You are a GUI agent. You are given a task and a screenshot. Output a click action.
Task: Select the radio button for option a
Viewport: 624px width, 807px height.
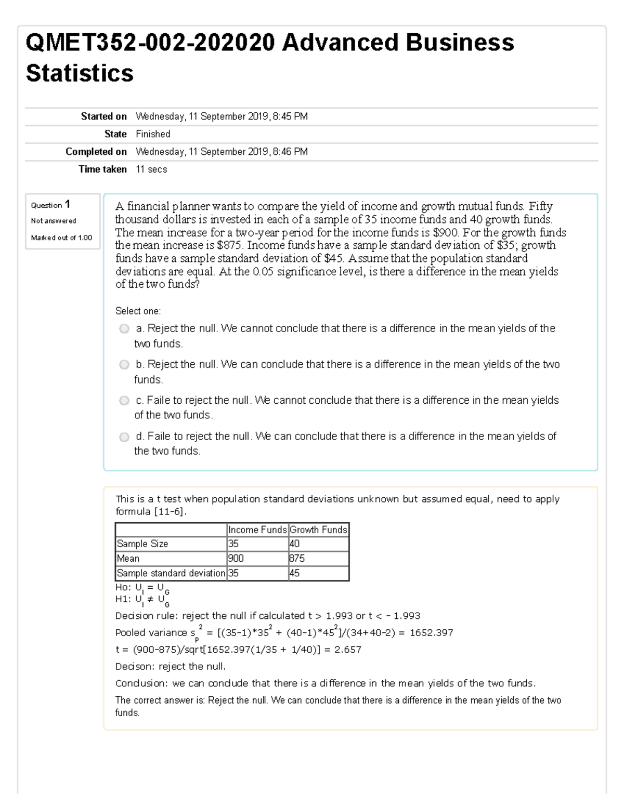[124, 328]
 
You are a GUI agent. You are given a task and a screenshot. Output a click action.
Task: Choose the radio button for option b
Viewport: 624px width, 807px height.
[124, 364]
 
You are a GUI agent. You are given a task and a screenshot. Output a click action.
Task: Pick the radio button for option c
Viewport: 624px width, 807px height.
[124, 400]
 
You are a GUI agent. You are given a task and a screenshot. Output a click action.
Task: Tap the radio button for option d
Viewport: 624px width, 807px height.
[124, 436]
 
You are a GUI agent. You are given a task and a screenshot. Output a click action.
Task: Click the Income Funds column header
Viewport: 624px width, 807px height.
[257, 530]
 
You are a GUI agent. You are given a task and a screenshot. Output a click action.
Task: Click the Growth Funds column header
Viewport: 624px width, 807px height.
[318, 530]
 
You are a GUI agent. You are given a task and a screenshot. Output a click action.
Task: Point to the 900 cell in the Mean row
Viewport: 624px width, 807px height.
[236, 558]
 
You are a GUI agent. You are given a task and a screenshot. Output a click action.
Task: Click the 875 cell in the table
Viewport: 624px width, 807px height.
[297, 558]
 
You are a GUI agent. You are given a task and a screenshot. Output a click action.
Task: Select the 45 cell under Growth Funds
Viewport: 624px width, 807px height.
[294, 573]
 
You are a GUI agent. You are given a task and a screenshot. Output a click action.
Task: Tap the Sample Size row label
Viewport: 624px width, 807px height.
[142, 544]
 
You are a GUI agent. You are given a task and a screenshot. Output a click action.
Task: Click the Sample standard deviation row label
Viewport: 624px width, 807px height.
[171, 573]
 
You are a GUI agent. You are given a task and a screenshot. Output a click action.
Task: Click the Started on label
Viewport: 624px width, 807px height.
[103, 116]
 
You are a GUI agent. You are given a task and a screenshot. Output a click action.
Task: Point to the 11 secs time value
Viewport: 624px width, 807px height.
[151, 169]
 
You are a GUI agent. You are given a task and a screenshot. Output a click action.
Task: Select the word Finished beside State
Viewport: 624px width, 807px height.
[153, 134]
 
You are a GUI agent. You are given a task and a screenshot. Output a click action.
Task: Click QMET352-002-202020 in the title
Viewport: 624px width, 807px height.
[150, 43]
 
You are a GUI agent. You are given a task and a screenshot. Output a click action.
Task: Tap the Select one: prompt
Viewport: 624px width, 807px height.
[138, 311]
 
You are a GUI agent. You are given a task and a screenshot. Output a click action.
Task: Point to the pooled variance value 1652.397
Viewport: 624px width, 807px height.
[431, 632]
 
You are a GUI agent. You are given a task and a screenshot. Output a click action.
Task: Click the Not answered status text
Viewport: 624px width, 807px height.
[53, 221]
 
